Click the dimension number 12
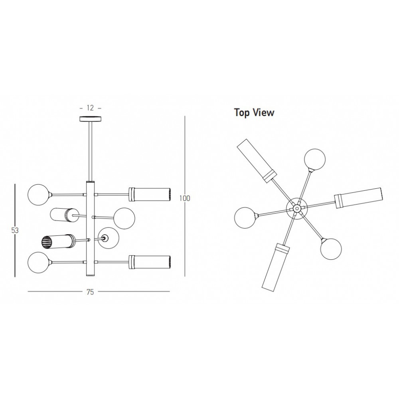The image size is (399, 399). point(90,108)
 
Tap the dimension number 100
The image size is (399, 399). point(185,198)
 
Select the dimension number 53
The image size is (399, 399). point(15,230)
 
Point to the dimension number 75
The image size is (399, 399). point(90,292)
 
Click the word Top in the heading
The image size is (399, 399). point(242,113)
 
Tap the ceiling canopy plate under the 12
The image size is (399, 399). point(90,119)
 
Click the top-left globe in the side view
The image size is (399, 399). point(38,194)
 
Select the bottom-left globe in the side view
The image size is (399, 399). point(38,263)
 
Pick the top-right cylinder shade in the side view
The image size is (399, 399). point(149,195)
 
